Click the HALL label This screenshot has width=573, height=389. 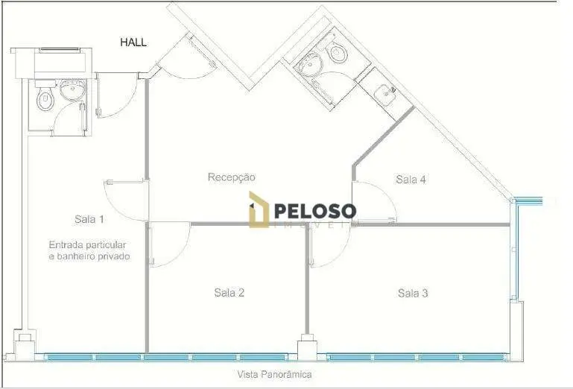click(x=133, y=42)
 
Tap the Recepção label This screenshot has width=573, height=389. click(x=231, y=177)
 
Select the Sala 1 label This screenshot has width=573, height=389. click(x=89, y=219)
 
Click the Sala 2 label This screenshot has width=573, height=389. click(x=229, y=292)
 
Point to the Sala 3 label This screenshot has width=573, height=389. click(x=413, y=293)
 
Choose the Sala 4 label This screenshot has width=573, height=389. click(x=411, y=180)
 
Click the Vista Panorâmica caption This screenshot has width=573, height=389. click(x=274, y=374)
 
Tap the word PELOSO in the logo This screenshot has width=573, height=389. click(x=315, y=212)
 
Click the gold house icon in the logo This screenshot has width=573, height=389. click(x=259, y=209)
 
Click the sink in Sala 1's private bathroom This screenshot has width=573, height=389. click(x=73, y=90)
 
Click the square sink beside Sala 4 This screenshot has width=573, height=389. click(x=384, y=93)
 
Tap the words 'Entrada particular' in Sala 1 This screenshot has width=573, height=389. click(x=87, y=245)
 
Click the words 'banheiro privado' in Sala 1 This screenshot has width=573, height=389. click(x=94, y=256)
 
